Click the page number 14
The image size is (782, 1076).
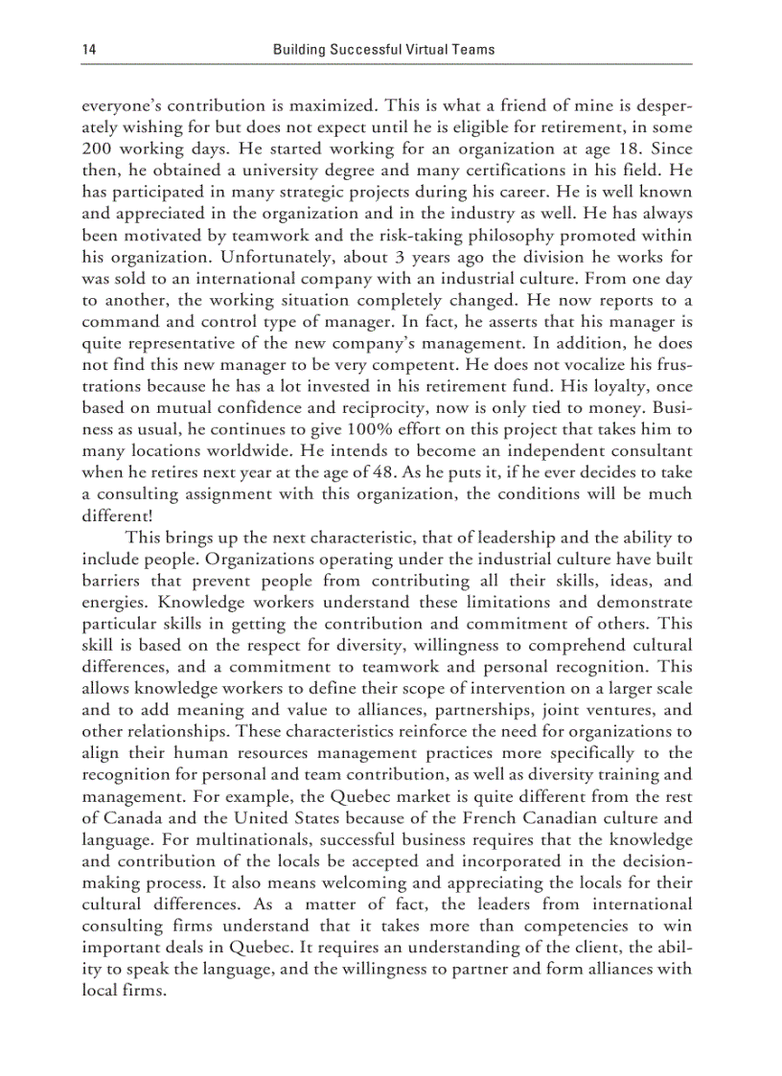pyautogui.click(x=89, y=48)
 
